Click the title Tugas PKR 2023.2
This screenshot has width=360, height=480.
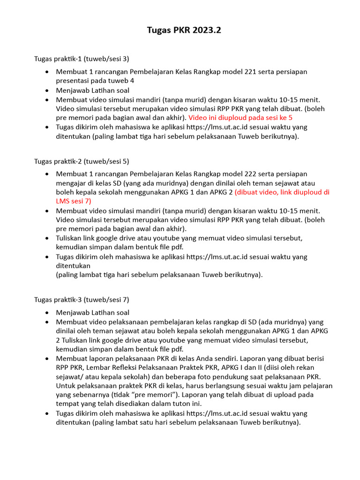tap(184, 30)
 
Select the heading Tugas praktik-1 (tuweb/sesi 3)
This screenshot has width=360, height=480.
tap(81, 59)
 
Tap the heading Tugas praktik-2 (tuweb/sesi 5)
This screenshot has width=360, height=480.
tap(81, 161)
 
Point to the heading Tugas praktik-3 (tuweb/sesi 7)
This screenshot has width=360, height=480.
tap(81, 300)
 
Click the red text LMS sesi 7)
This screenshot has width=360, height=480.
tap(74, 201)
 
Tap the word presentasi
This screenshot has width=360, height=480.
tap(73, 81)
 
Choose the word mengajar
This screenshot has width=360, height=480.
tap(70, 183)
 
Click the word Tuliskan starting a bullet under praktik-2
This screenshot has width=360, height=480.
tap(70, 238)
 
